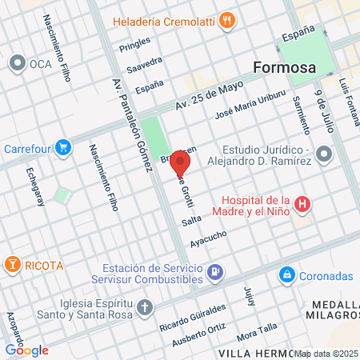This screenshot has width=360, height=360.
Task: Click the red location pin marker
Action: (180, 164)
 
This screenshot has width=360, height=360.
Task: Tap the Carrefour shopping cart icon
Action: (64, 147)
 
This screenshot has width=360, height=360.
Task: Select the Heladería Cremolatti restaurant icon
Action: (228, 22)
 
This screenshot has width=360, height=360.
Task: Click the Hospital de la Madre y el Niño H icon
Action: (302, 205)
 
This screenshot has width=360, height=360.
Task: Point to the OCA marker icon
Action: (17, 62)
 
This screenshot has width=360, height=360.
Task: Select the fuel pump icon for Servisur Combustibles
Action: (214, 273)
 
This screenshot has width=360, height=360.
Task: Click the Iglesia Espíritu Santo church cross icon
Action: (145, 308)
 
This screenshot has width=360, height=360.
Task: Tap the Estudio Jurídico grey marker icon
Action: (323, 153)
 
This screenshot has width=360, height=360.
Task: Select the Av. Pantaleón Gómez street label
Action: (132, 124)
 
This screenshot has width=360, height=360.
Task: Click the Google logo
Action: (26, 350)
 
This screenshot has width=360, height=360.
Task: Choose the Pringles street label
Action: (113, 49)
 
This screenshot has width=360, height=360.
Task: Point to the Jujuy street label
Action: (250, 294)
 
